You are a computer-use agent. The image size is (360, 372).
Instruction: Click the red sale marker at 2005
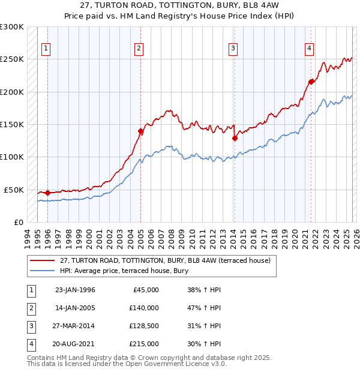pos(140,131)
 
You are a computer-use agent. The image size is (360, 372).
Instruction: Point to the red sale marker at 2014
pos(235,138)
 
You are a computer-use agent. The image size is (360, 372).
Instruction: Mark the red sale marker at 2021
pos(311,82)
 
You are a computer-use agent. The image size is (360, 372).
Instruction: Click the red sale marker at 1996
pos(47,193)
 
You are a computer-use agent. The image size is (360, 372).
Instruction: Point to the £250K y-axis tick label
pos(12,59)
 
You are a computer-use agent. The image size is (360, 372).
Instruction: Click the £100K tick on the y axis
pos(12,157)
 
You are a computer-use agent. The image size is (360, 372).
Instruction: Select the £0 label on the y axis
pos(18,222)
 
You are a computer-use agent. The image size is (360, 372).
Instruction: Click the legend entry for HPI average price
pos(124,271)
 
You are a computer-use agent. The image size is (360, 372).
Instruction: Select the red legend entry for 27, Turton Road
pos(166,260)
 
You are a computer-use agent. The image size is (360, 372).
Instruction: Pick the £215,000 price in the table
pos(144,344)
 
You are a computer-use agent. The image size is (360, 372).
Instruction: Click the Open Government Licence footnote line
pos(127,364)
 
